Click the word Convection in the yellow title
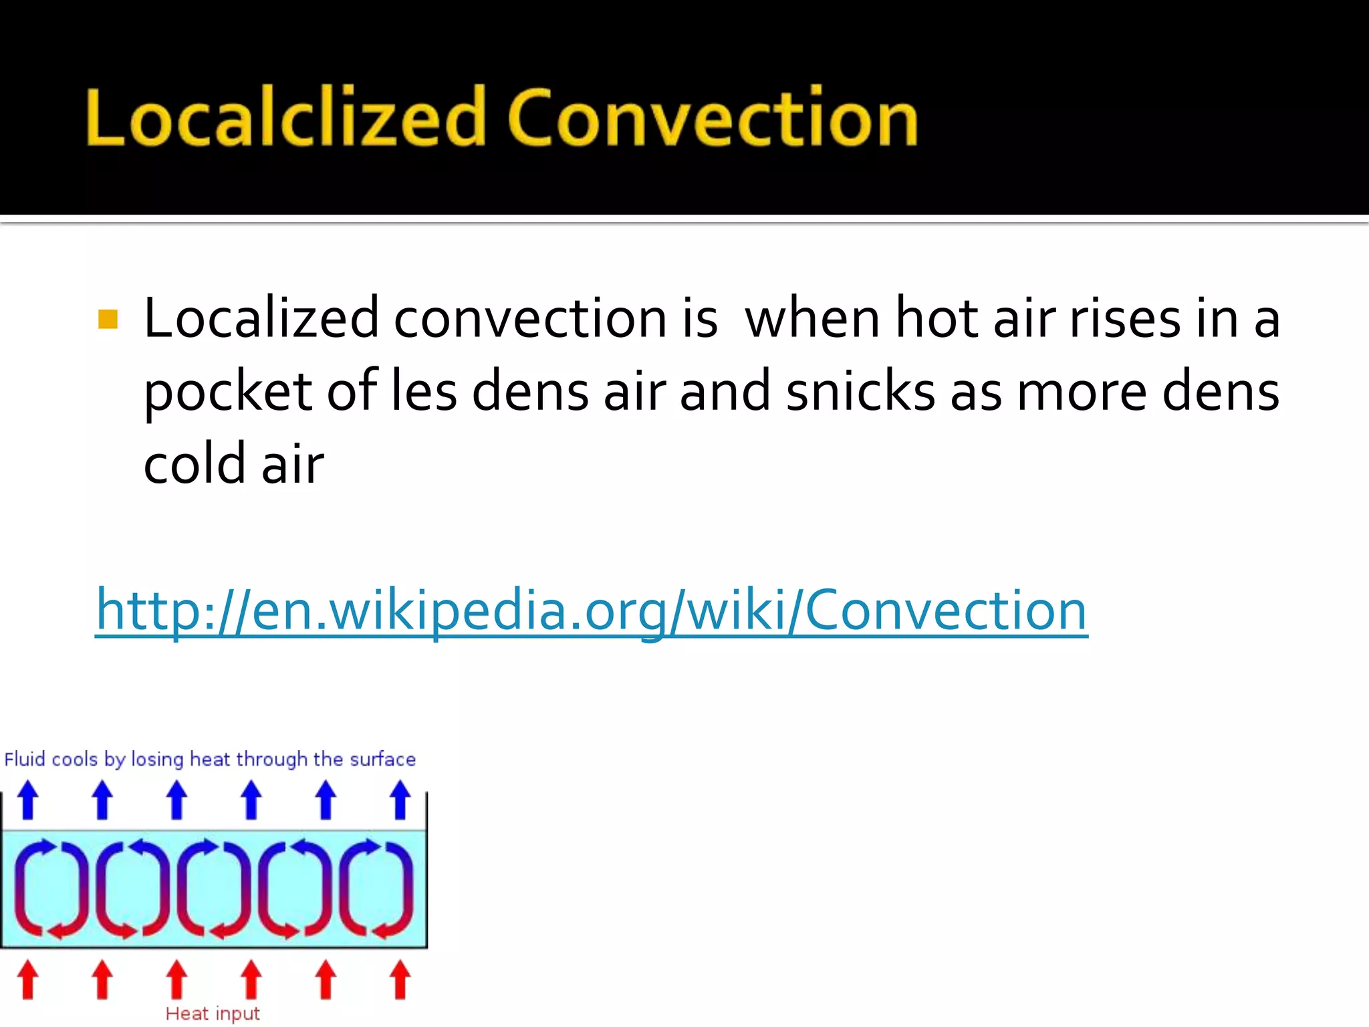click(x=713, y=119)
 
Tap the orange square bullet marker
click(x=108, y=320)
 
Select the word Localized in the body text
click(x=261, y=318)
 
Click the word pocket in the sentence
click(x=227, y=392)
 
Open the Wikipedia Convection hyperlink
click(x=592, y=610)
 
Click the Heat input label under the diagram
click(x=213, y=1014)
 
